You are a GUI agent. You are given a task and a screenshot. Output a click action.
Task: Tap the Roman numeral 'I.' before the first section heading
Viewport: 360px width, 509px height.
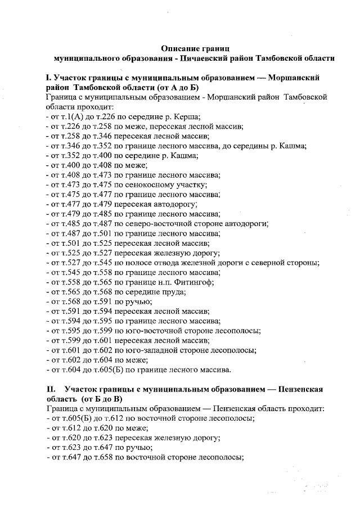[49, 78]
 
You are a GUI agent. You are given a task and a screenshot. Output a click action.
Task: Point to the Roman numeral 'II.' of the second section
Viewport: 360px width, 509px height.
[52, 389]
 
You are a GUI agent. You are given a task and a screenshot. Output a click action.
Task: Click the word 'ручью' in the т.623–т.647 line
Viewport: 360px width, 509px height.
[140, 448]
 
